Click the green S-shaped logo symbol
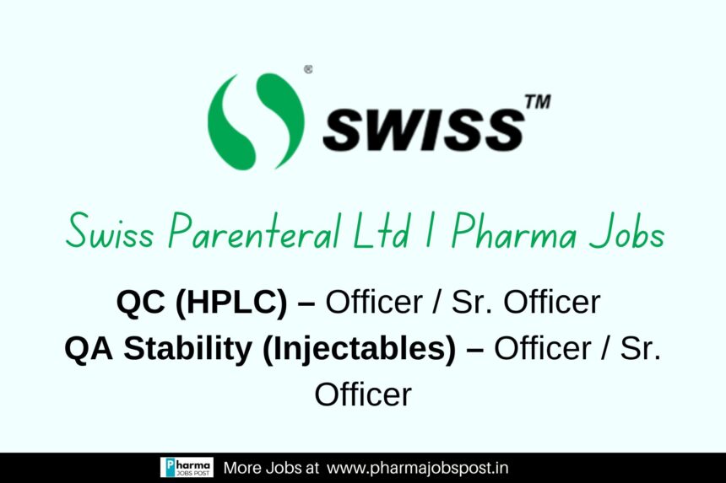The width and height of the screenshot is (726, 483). [x=256, y=121]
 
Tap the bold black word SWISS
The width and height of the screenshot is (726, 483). [x=423, y=130]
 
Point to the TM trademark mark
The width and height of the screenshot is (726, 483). [x=538, y=102]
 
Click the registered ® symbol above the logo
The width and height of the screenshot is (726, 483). [x=308, y=69]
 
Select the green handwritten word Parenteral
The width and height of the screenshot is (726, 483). [x=254, y=230]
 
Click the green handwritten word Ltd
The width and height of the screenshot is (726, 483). [x=381, y=229]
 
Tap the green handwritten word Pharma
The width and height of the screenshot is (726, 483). [x=513, y=231]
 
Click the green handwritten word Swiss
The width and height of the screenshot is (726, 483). [x=109, y=230]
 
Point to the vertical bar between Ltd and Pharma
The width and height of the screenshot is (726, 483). [x=430, y=230]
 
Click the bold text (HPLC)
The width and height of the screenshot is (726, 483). [x=231, y=303]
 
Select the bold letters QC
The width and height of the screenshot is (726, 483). [x=140, y=302]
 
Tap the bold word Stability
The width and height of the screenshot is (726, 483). [x=187, y=349]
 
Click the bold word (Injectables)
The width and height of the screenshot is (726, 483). [x=360, y=350]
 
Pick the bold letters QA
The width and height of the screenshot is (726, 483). [x=89, y=348]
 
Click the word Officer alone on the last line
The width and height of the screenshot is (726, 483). [x=363, y=394]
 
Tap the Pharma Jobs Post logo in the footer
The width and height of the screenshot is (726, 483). [x=187, y=467]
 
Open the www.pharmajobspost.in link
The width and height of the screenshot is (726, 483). [x=418, y=468]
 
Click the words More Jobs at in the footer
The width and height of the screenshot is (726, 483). [x=271, y=468]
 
